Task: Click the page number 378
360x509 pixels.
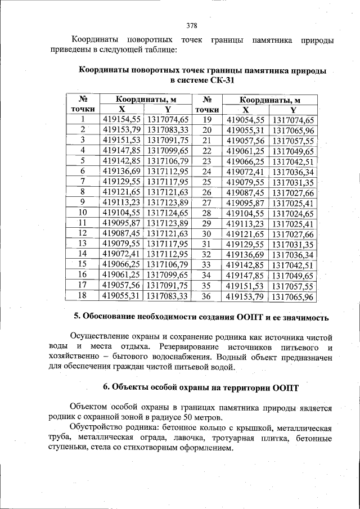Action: pos(191,25)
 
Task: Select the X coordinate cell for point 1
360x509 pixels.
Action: pos(121,119)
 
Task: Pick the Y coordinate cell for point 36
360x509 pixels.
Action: pos(293,296)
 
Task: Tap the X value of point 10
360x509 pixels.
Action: pos(121,213)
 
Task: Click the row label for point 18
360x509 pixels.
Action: pos(83,295)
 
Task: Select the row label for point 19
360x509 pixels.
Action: pos(206,119)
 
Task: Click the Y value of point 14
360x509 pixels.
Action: pos(166,254)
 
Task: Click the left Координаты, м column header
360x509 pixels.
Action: pos(145,100)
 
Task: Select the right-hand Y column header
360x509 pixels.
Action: pos(293,110)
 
